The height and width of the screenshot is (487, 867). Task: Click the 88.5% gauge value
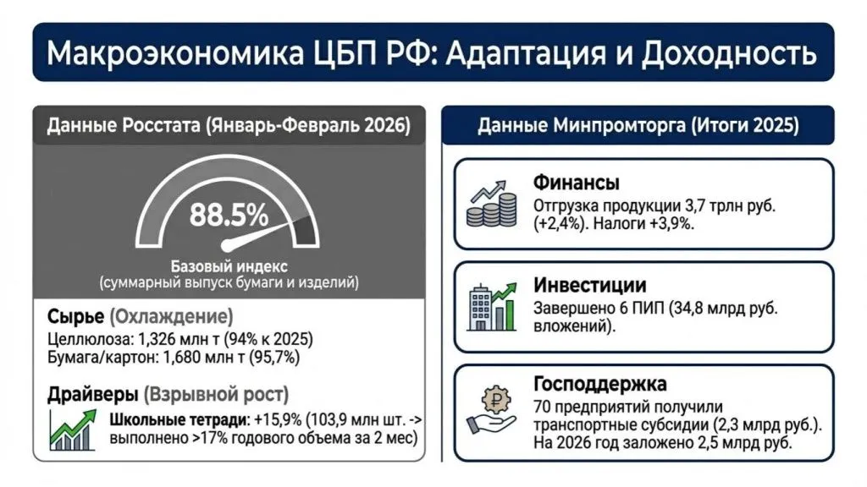tap(229, 215)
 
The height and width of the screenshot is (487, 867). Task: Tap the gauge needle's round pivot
tap(227, 245)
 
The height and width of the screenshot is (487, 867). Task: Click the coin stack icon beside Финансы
tap(492, 204)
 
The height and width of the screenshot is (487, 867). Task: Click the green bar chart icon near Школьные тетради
tap(74, 431)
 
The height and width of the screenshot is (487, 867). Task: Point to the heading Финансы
tap(576, 183)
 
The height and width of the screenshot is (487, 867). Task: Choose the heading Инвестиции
tap(589, 285)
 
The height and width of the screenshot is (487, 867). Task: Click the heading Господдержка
tap(600, 384)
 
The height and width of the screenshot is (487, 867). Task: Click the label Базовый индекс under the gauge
tap(228, 264)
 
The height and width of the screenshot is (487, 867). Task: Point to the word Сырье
tap(75, 317)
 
